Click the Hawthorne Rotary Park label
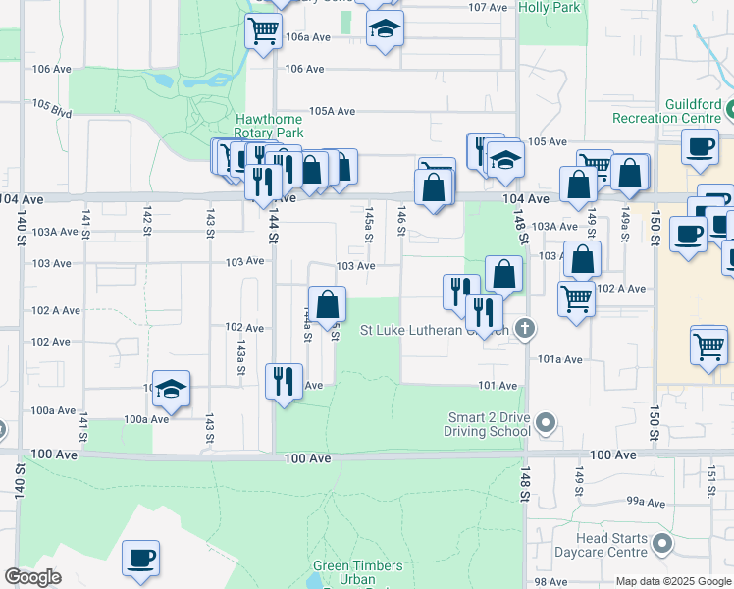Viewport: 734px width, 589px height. pos(269,126)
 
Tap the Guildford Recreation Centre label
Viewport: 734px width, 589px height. pos(666,111)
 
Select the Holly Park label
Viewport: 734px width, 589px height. pos(549,7)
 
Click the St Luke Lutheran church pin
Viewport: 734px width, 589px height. pos(525,329)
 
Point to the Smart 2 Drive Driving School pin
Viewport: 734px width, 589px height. pos(548,424)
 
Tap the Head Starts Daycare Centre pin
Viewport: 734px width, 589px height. pos(664,543)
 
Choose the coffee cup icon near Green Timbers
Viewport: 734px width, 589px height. pos(140,558)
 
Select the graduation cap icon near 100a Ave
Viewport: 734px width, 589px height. pos(172,389)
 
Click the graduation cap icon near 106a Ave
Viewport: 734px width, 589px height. pos(386,29)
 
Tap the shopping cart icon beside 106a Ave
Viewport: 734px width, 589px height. pos(263,32)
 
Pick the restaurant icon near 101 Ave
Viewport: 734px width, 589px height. pos(284,381)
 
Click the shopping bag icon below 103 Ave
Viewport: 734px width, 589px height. pos(327,302)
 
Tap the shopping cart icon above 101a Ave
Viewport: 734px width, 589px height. pos(708,345)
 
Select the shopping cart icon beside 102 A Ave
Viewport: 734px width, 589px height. pos(576,297)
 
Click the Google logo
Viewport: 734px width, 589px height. pos(32,577)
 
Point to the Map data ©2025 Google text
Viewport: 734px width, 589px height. pos(672,581)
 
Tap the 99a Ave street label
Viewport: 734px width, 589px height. pos(647,502)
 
